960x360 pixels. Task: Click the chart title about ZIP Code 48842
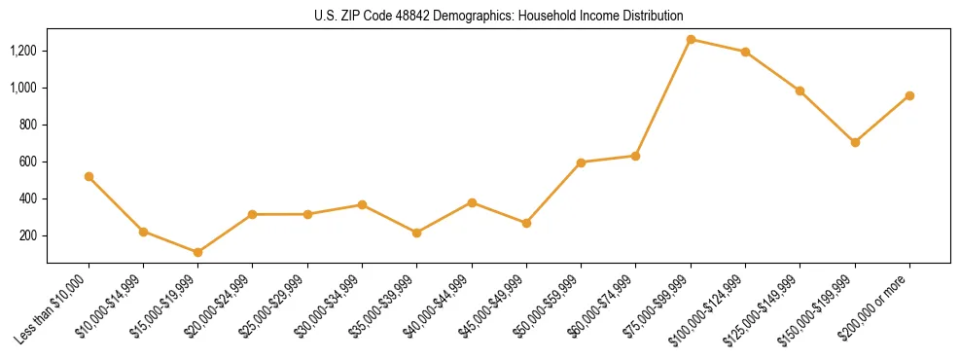(x=498, y=17)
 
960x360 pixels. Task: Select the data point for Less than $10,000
(x=89, y=176)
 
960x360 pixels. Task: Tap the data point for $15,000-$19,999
(x=198, y=252)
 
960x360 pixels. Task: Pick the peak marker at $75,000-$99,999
(x=691, y=39)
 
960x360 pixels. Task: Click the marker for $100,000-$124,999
(x=745, y=52)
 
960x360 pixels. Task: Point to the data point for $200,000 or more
(x=909, y=95)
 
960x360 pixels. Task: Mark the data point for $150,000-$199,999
(x=855, y=142)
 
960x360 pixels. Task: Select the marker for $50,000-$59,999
(x=581, y=162)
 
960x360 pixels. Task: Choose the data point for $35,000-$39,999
(x=416, y=233)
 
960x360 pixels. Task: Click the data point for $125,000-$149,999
(x=800, y=90)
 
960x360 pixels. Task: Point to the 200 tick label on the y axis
(x=30, y=235)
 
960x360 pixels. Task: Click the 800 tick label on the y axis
(x=30, y=125)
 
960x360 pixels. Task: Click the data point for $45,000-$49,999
(x=526, y=223)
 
